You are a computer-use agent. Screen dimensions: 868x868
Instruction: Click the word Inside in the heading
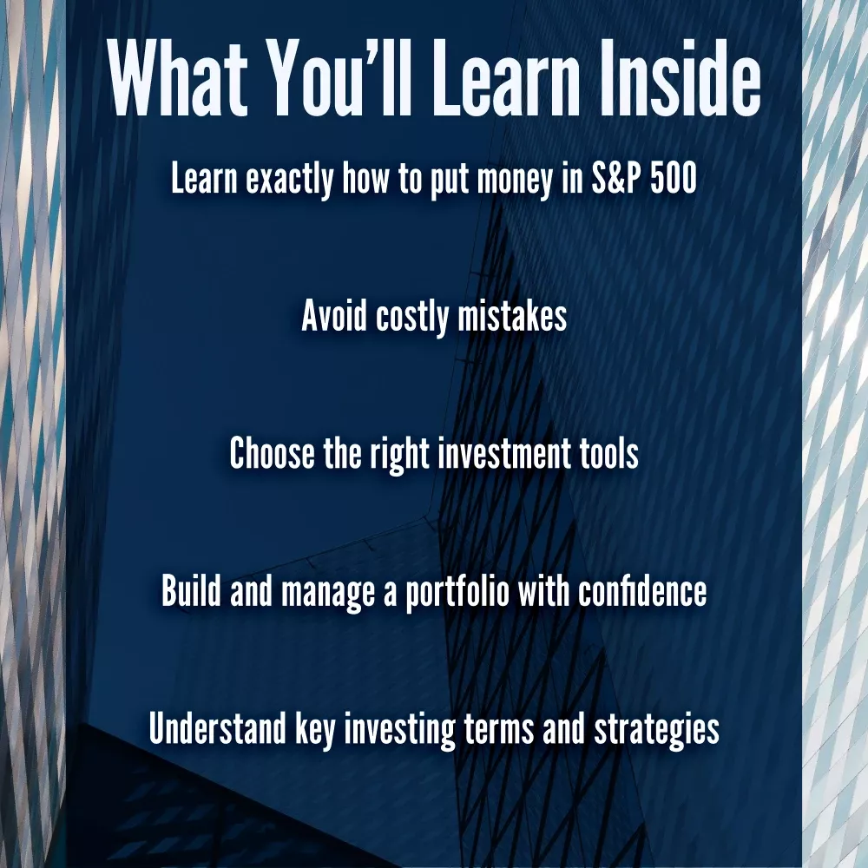pyautogui.click(x=681, y=77)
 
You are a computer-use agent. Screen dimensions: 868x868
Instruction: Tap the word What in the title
pyautogui.click(x=177, y=77)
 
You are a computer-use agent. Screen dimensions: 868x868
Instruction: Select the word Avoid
pyautogui.click(x=334, y=316)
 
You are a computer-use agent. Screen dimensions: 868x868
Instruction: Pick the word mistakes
pyautogui.click(x=513, y=316)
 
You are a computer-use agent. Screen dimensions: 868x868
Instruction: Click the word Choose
pyautogui.click(x=272, y=452)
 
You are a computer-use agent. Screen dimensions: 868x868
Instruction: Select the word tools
pyautogui.click(x=609, y=452)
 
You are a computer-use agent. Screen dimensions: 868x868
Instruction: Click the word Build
pyautogui.click(x=191, y=590)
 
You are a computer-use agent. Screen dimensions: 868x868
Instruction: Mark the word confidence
pyautogui.click(x=642, y=590)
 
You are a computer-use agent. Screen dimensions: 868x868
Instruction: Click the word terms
pyautogui.click(x=499, y=728)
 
